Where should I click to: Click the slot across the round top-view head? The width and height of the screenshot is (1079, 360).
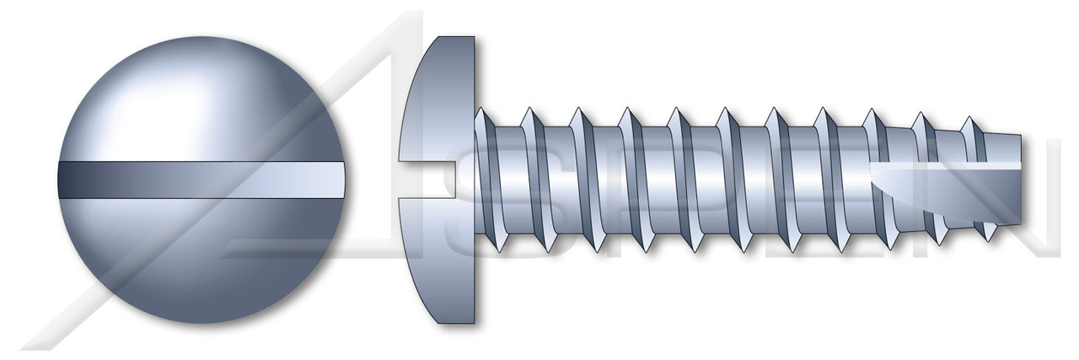[202, 180]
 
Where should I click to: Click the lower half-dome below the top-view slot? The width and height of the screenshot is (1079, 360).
[202, 261]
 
